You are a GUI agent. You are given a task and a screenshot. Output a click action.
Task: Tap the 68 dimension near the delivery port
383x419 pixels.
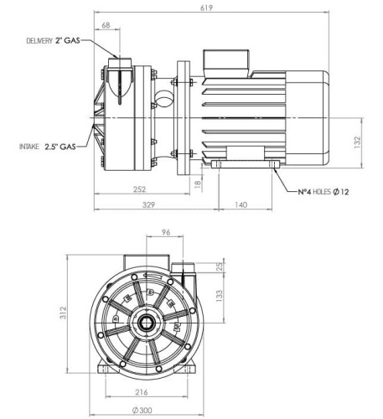(x=106, y=26)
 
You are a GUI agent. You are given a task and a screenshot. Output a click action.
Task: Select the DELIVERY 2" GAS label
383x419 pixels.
(x=55, y=40)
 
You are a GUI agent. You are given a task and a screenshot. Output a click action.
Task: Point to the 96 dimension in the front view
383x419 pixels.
(x=167, y=232)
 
